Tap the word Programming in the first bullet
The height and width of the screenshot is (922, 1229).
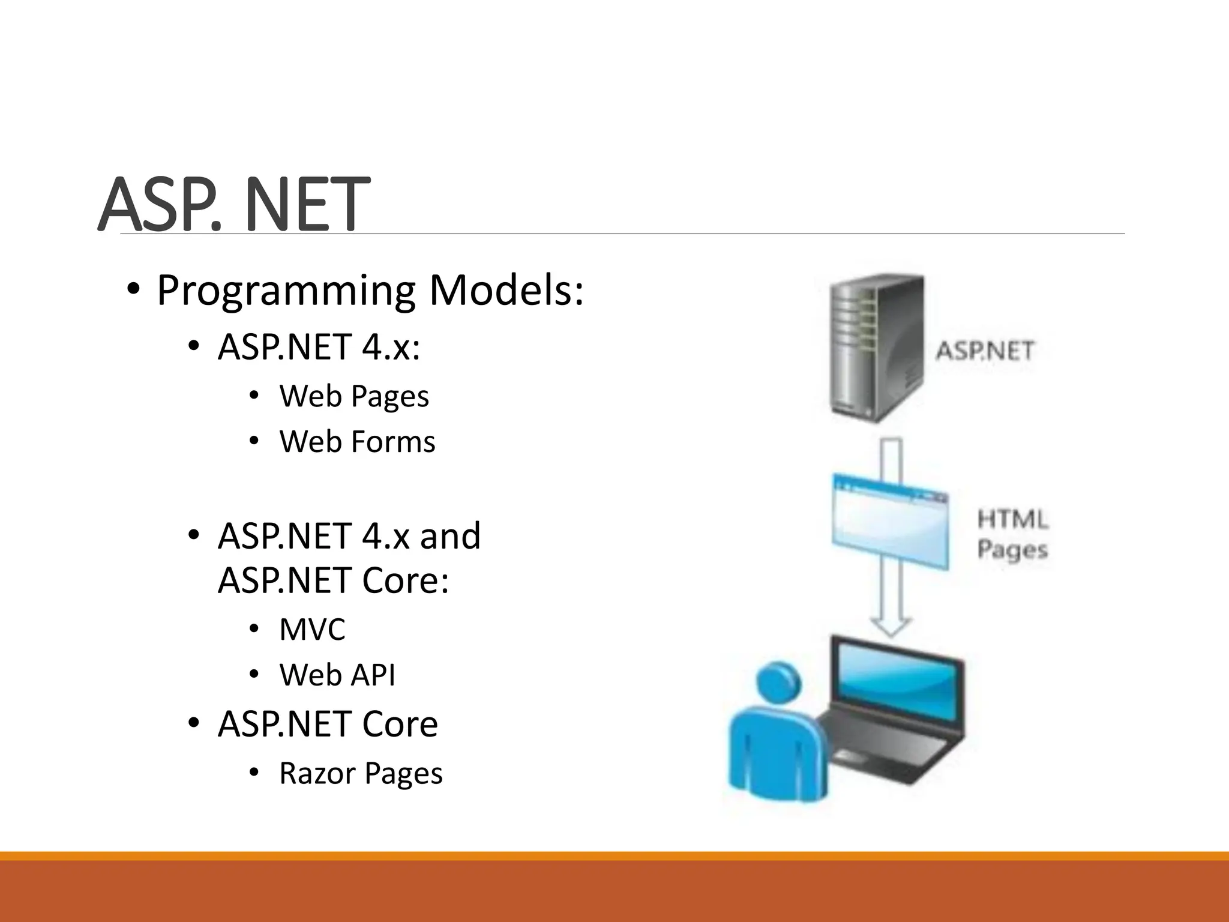286,291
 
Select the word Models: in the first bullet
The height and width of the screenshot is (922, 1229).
506,291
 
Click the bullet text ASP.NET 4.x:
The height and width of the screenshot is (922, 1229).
319,348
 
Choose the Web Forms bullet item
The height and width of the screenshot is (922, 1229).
357,442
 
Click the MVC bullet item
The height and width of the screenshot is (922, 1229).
312,630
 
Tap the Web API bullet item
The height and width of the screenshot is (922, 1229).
337,675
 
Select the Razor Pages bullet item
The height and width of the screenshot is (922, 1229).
361,773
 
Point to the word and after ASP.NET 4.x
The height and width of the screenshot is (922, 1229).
450,536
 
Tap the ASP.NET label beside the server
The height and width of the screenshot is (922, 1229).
985,351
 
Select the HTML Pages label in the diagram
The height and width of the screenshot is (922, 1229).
1012,534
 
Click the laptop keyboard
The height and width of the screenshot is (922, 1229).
888,750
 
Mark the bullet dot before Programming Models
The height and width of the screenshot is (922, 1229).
133,291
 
